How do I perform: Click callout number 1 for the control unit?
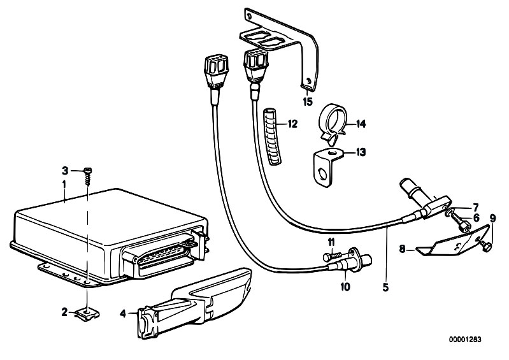64,184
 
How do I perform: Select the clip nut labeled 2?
87,314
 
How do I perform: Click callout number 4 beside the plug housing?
123,313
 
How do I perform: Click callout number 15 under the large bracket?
308,101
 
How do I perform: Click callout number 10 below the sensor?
345,287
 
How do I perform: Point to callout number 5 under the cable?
385,287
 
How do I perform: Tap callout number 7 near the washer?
476,206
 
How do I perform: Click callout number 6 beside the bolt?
477,218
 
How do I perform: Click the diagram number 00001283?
465,340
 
